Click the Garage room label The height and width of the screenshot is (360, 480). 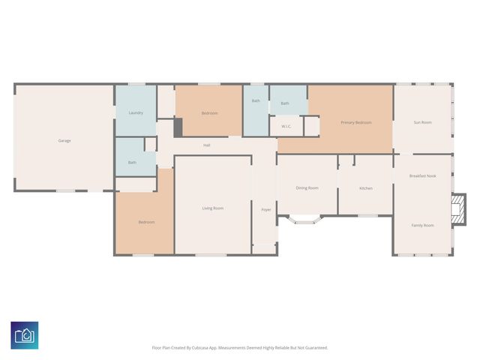coord(64,140)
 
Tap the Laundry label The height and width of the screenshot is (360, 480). coord(136,112)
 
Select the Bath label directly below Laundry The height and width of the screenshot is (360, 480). coord(132,162)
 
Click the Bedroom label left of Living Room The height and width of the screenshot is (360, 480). coord(146,221)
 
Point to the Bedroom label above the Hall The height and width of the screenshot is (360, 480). coord(209,112)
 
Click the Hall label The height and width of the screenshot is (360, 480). coord(206,145)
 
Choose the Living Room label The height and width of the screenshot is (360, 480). coord(213,208)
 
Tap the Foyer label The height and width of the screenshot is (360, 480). coord(265,209)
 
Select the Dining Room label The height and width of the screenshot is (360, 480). coord(307,187)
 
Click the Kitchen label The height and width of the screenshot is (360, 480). coord(365,187)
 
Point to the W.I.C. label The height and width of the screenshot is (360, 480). coord(286,126)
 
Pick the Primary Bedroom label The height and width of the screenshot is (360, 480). coord(355,122)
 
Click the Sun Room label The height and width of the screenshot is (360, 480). coord(422,122)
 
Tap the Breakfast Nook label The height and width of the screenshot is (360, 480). coord(422,175)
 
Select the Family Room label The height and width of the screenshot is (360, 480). coord(422,225)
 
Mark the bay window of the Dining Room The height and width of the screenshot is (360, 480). coord(306,220)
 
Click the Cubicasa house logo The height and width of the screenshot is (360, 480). coord(24,334)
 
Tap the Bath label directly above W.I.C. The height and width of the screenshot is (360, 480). coord(285,103)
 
